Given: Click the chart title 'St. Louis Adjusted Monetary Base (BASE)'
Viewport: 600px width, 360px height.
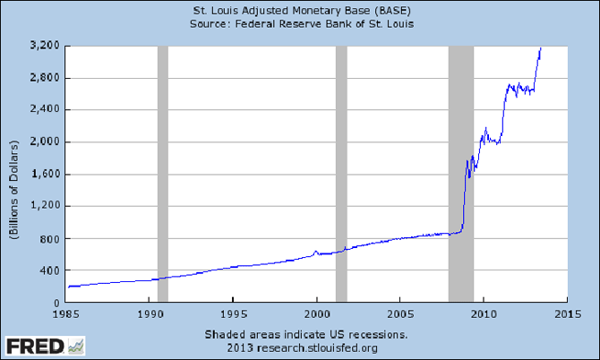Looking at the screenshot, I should [x=300, y=10].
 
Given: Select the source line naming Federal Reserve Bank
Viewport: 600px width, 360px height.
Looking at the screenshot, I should [x=300, y=23].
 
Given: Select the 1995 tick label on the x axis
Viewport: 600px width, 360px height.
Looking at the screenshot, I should [x=233, y=315].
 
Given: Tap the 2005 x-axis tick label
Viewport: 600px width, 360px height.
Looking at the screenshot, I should [x=399, y=315].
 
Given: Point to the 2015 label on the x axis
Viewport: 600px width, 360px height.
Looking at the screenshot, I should [x=565, y=315].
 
